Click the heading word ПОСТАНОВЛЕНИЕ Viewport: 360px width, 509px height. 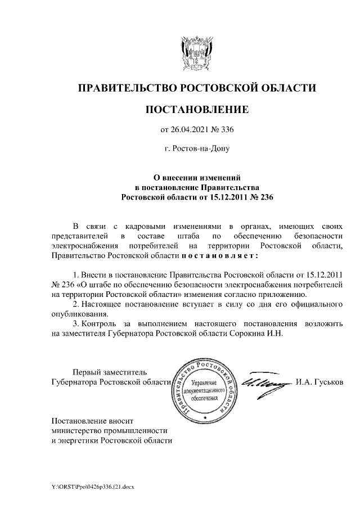[x=196, y=109]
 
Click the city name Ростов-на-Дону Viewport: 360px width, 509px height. [x=196, y=150]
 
